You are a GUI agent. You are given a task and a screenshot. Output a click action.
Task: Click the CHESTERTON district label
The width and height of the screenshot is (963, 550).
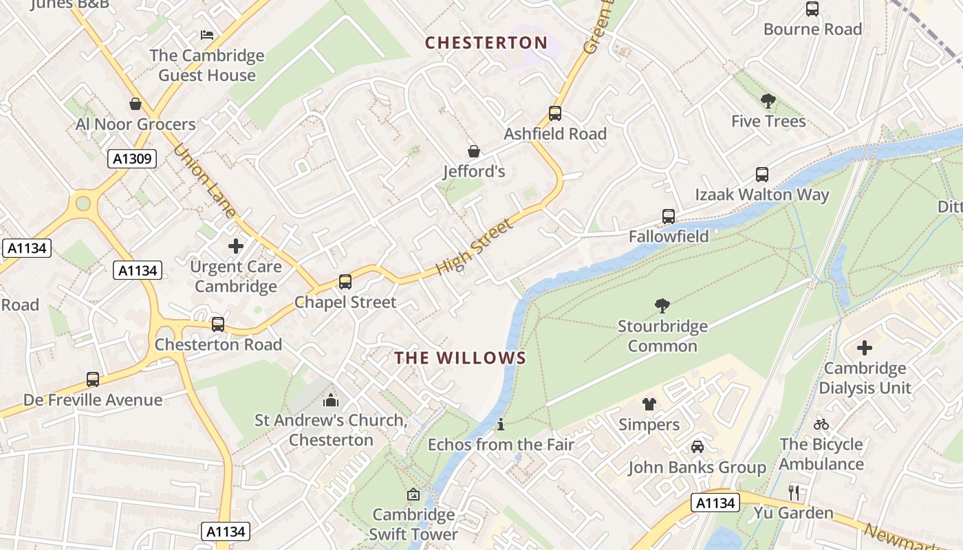coord(486,43)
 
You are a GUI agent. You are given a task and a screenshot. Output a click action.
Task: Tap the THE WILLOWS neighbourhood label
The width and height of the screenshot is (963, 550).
coord(460,357)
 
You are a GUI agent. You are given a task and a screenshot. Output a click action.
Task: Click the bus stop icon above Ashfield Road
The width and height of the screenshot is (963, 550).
coord(555,113)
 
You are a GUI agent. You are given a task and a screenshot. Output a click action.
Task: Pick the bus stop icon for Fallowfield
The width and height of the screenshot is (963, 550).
coord(669,217)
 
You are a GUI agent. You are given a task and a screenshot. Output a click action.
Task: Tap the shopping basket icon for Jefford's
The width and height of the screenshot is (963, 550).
coord(474,151)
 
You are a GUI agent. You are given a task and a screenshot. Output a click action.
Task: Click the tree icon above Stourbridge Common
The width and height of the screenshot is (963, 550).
coord(662,306)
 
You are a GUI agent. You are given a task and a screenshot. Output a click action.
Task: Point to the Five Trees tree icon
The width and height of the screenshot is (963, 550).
coord(768,102)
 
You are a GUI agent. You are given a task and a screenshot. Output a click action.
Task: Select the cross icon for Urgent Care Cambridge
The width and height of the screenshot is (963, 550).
coord(236,246)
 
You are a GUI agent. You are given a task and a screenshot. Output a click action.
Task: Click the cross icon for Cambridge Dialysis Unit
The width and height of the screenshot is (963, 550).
coord(865,348)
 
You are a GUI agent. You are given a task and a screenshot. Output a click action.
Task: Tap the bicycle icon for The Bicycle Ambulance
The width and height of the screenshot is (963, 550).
coord(821,424)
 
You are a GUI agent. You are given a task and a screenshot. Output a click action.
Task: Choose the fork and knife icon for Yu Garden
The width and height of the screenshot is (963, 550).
coord(794,492)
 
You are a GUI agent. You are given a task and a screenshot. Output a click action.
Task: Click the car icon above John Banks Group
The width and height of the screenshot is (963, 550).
coord(697,447)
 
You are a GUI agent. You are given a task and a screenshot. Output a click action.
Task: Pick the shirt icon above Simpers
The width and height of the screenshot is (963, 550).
coord(649,404)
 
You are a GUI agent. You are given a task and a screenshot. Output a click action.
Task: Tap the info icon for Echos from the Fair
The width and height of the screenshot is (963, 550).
coord(501,424)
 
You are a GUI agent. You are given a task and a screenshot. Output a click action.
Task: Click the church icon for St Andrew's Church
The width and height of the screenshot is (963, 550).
coord(331,399)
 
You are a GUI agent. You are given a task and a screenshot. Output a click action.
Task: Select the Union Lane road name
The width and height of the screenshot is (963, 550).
coord(204,181)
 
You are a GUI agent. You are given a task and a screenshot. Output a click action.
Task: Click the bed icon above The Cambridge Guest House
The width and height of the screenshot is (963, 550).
coord(207,35)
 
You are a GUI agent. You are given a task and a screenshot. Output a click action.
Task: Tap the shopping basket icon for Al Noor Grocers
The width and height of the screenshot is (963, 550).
coord(136,104)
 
